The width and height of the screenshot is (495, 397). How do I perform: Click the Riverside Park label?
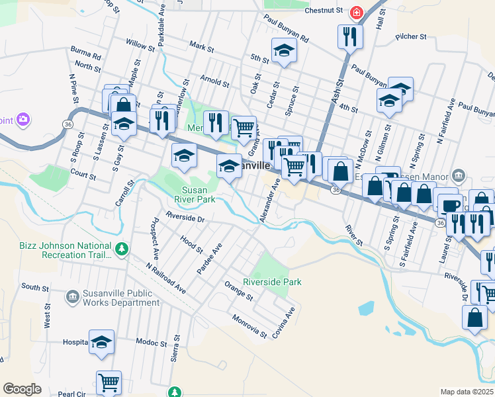(x=273, y=282)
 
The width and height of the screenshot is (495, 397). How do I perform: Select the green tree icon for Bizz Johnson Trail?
(x=121, y=249)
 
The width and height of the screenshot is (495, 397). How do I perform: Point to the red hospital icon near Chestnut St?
(x=357, y=12)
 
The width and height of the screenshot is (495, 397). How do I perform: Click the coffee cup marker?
(x=451, y=206)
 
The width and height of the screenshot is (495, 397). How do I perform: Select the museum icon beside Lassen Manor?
(x=458, y=175)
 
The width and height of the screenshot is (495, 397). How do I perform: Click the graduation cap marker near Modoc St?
(x=101, y=341)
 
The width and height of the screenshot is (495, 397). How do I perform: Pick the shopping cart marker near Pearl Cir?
(x=109, y=382)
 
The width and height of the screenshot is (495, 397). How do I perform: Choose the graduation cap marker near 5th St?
(x=283, y=50)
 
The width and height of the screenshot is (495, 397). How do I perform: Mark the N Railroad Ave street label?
(x=166, y=278)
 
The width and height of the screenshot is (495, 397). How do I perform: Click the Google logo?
(x=22, y=388)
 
